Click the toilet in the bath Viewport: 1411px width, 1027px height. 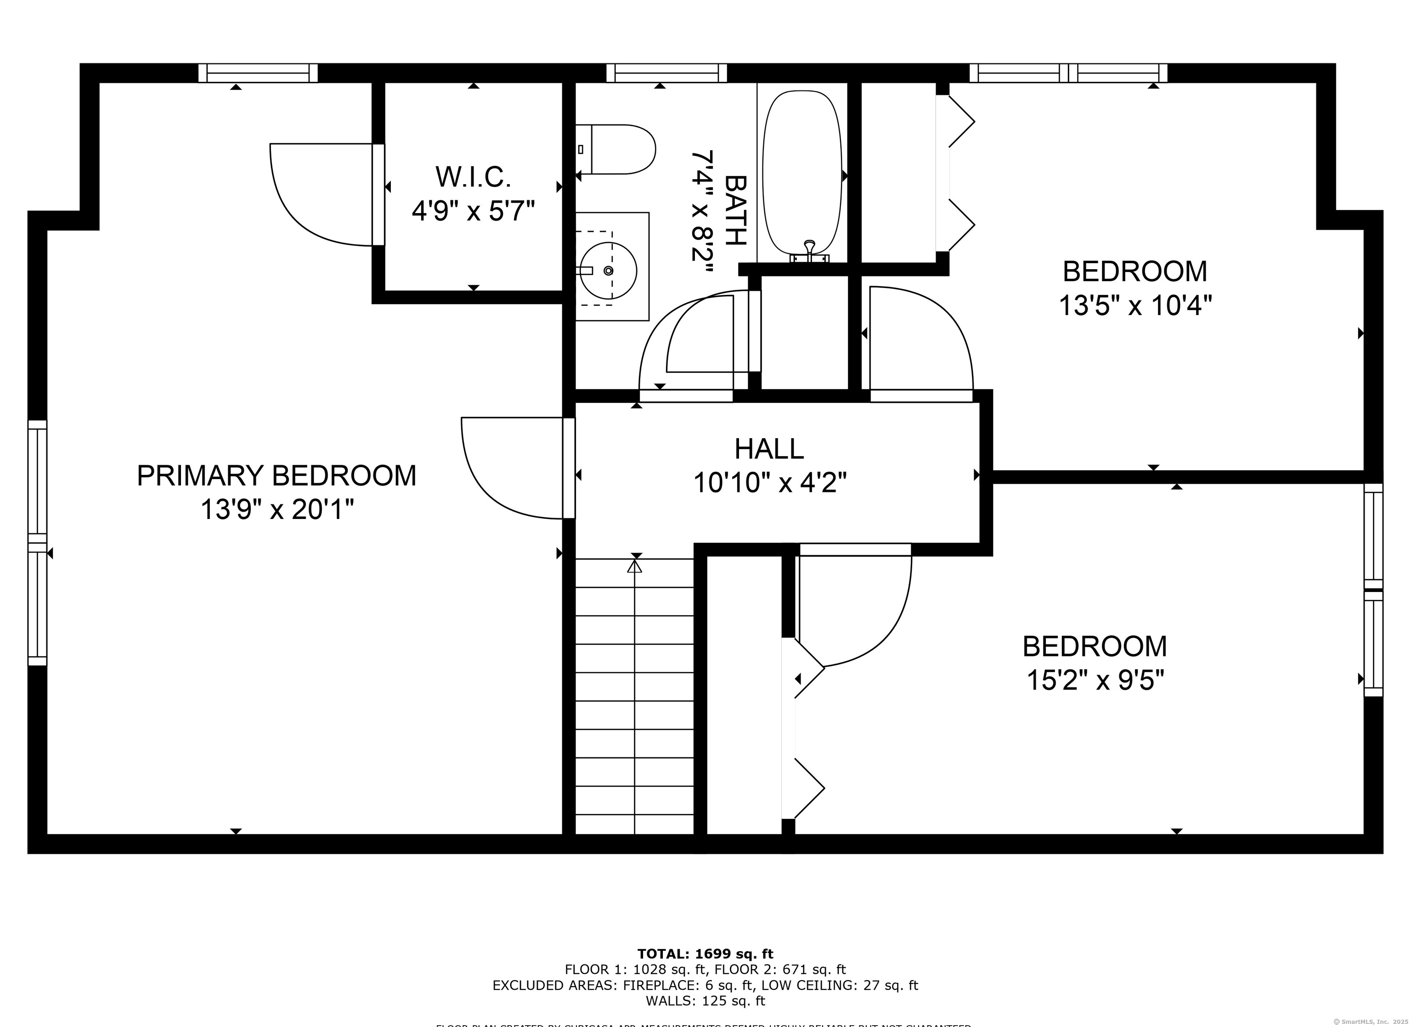coord(619,149)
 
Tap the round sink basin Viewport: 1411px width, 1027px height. coord(608,271)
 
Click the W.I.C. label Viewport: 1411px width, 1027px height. coord(474,177)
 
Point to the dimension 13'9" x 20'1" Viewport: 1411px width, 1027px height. coord(277,510)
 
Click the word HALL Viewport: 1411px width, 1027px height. coord(769,448)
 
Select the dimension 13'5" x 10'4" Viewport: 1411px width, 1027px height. coord(1135,305)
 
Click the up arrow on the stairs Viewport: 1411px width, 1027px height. coord(635,567)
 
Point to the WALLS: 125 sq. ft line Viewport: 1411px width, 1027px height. coord(705,1001)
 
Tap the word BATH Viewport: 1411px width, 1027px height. coord(735,210)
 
